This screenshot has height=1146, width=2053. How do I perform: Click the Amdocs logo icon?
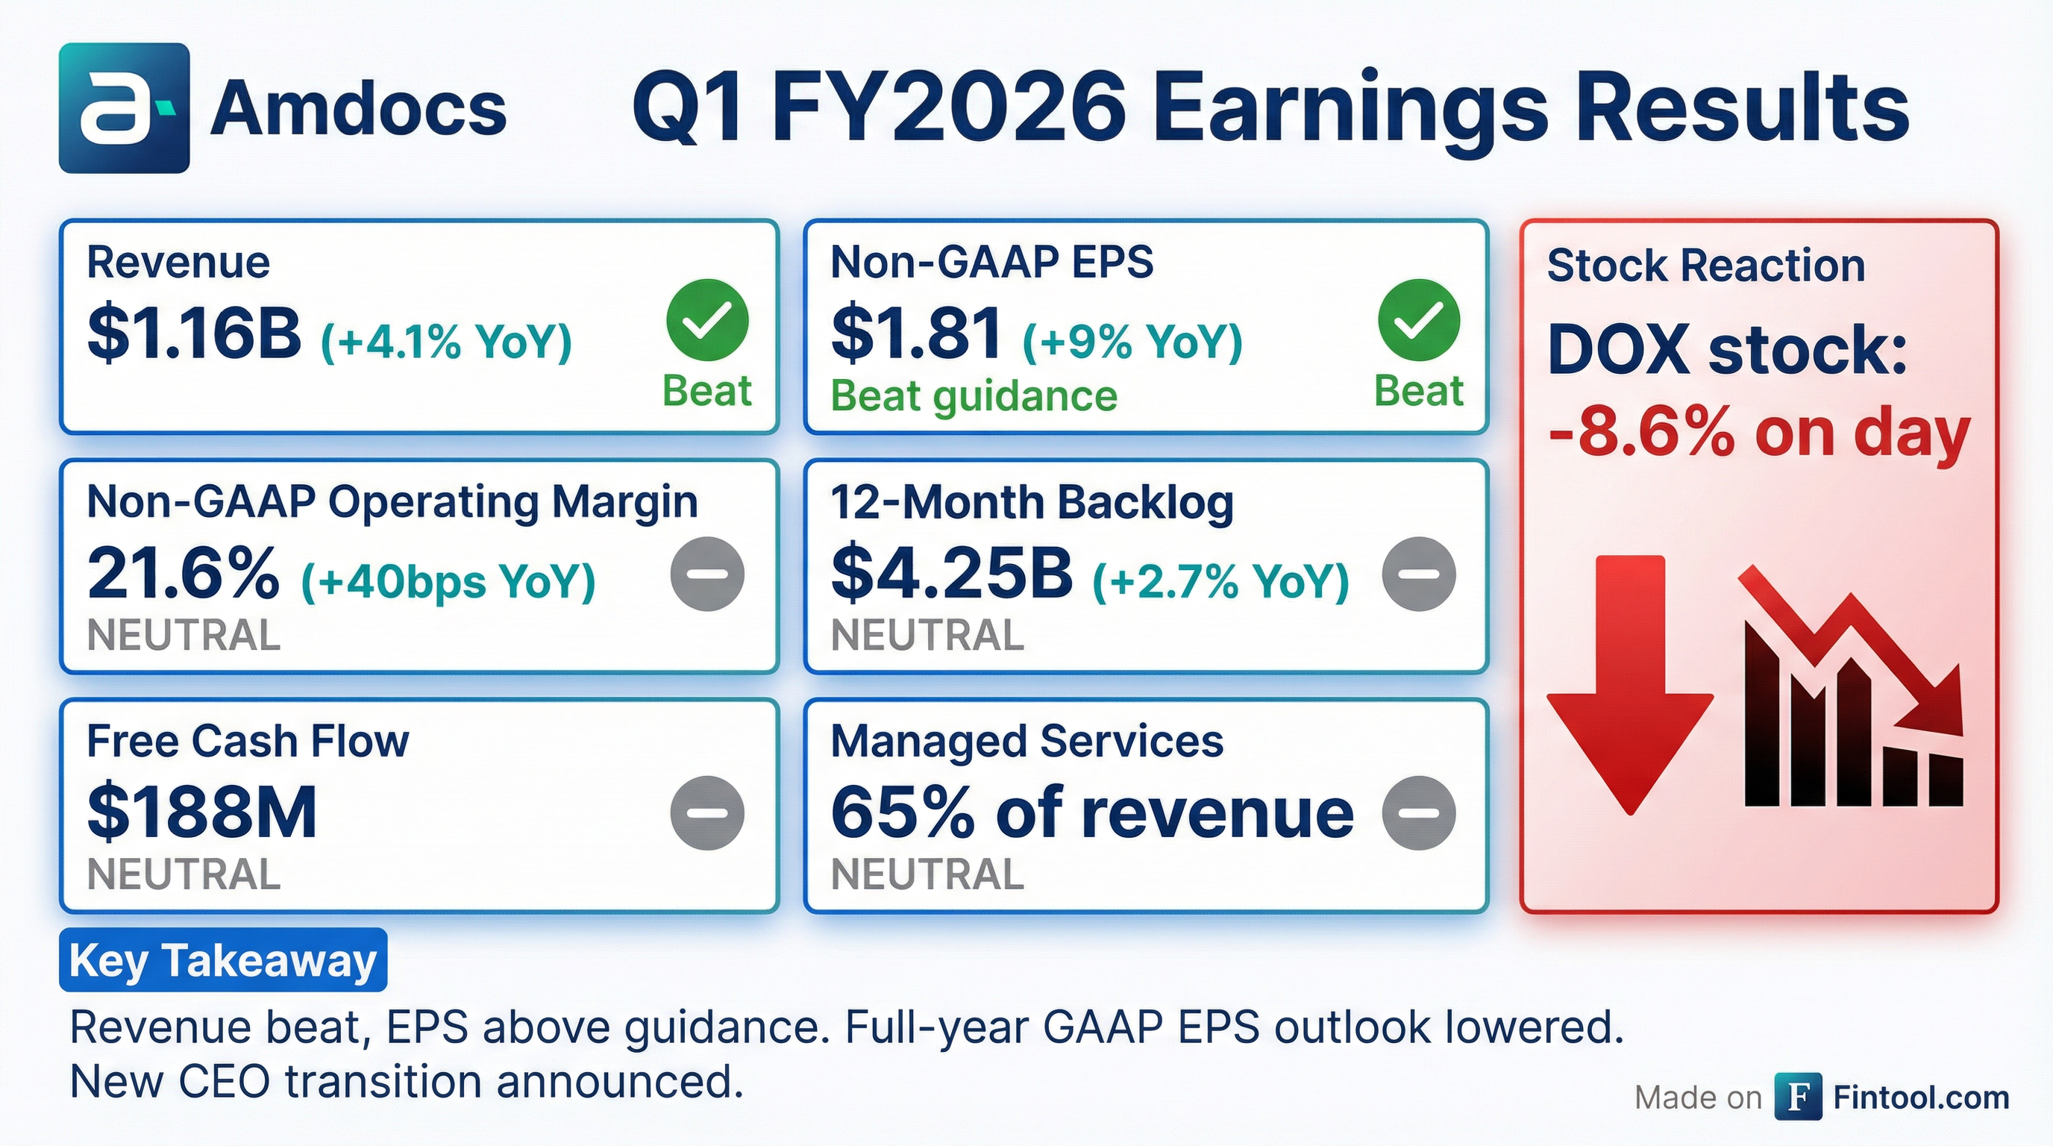[x=125, y=108]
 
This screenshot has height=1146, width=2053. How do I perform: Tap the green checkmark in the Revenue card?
[x=707, y=320]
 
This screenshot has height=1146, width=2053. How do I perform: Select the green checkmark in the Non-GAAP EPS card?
[x=1419, y=320]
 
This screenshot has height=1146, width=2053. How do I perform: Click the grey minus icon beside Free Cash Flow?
[x=707, y=813]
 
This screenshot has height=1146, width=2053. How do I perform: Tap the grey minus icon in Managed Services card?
[x=1419, y=813]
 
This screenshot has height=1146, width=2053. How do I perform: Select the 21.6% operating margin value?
[x=184, y=574]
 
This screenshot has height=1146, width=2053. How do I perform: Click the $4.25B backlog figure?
[x=952, y=574]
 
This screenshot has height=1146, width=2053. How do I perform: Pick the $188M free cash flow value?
[x=201, y=813]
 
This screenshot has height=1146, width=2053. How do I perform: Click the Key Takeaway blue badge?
[x=223, y=959]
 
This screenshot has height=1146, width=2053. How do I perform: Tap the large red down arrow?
[x=1631, y=686]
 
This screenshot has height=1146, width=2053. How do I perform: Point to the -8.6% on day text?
[x=1759, y=434]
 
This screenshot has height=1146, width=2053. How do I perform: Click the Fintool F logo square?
[x=1798, y=1097]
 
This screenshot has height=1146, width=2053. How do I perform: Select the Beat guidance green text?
[x=974, y=396]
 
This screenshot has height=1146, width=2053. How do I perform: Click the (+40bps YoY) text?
[x=448, y=582]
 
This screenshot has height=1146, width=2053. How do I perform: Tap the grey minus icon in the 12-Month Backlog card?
[x=1419, y=574]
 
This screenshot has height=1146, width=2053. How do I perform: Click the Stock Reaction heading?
[x=1706, y=266]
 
